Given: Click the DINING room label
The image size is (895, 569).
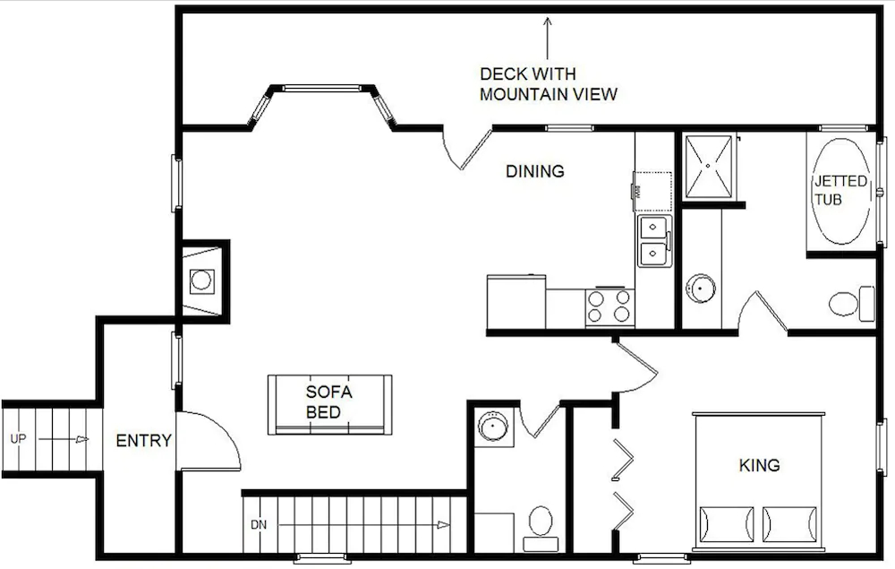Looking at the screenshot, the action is [535, 171].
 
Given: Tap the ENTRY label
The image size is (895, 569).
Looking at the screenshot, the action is [144, 441].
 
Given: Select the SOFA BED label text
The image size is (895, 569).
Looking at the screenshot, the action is [328, 401].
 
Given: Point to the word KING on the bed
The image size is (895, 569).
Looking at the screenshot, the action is [759, 465].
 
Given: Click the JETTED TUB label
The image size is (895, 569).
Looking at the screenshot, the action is [840, 190].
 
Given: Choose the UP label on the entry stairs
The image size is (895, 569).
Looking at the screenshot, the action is [18, 439].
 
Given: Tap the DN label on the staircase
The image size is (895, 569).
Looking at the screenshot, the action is [259, 524].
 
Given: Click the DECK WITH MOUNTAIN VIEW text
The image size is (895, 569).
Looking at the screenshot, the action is [548, 83].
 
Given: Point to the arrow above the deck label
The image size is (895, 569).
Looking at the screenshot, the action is [548, 39].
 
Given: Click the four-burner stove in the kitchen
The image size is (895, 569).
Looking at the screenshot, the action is [609, 306].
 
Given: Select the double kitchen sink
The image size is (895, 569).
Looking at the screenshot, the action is [655, 241].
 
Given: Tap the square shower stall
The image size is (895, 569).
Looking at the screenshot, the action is [708, 166].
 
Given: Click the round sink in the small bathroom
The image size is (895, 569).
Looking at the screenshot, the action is [493, 426].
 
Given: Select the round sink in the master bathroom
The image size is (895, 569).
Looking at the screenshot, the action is [701, 289].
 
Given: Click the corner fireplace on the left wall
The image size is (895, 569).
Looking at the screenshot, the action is [202, 280].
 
